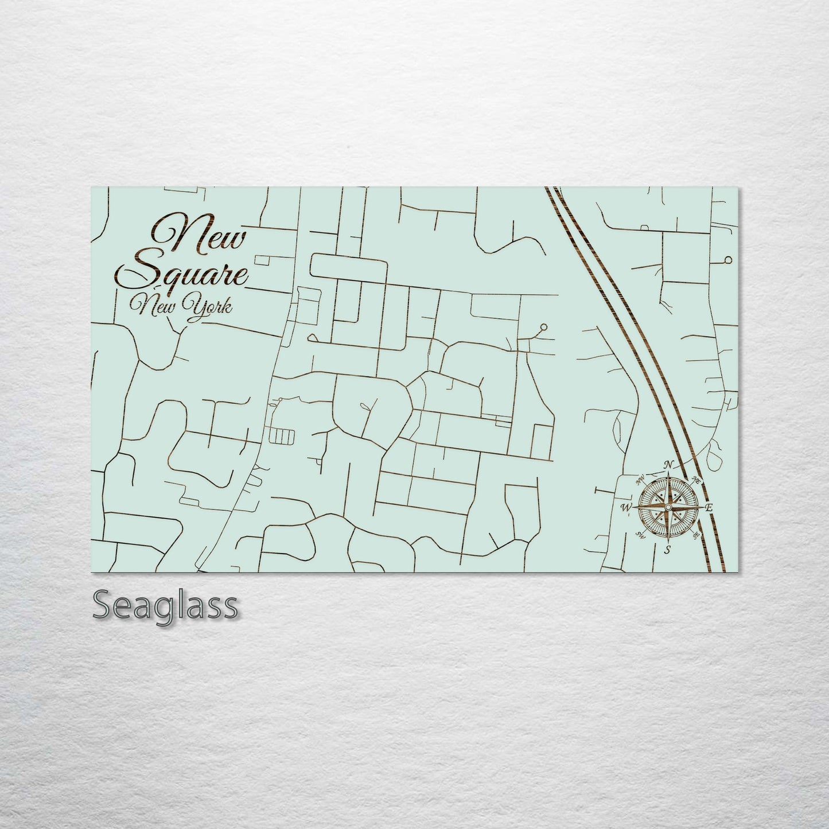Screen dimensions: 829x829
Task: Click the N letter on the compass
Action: click(x=668, y=465)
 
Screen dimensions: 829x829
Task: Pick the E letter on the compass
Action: click(x=709, y=508)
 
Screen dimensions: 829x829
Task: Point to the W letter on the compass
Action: click(x=626, y=507)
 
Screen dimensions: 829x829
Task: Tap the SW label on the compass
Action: click(x=640, y=535)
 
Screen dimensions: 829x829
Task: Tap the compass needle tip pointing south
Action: click(x=668, y=540)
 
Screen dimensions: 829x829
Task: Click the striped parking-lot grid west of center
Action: click(x=282, y=437)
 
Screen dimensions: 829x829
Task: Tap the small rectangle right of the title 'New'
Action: click(x=263, y=260)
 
